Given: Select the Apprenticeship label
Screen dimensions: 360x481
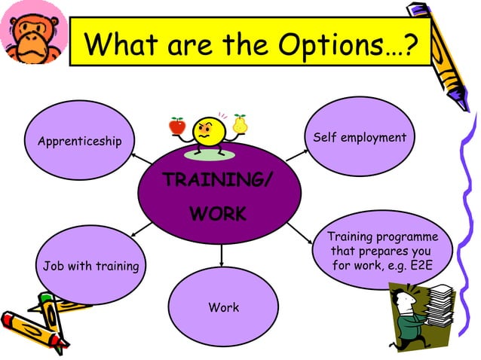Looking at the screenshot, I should point(74,141).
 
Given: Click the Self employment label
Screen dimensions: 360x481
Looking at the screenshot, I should point(359,138).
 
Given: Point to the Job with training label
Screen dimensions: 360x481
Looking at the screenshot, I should point(90,266).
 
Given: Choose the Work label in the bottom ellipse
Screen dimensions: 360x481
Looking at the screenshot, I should point(223,307).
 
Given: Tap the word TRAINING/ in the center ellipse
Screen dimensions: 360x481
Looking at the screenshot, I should point(218,181).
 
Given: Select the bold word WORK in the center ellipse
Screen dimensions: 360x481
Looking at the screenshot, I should point(218,214).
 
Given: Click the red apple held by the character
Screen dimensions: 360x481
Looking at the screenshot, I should point(177,125).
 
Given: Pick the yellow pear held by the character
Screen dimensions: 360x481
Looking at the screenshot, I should point(240,123).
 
